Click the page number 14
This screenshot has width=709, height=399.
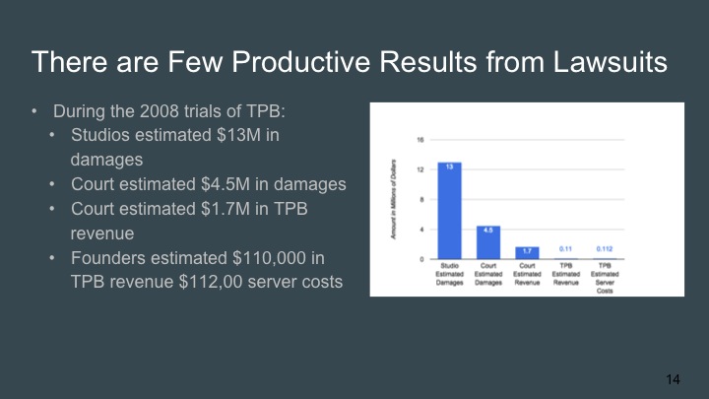coord(674,378)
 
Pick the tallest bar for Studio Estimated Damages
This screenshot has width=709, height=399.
coord(449,211)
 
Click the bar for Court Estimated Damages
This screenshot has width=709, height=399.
coord(487,242)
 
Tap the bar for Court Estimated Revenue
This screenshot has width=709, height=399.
coord(527,253)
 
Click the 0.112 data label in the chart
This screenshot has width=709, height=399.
coord(604,248)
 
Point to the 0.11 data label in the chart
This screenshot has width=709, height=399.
coord(565,248)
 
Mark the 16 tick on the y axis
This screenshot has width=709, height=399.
coord(421,140)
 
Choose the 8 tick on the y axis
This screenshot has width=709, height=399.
coord(422,200)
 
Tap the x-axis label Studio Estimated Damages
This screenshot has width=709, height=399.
coord(449,275)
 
